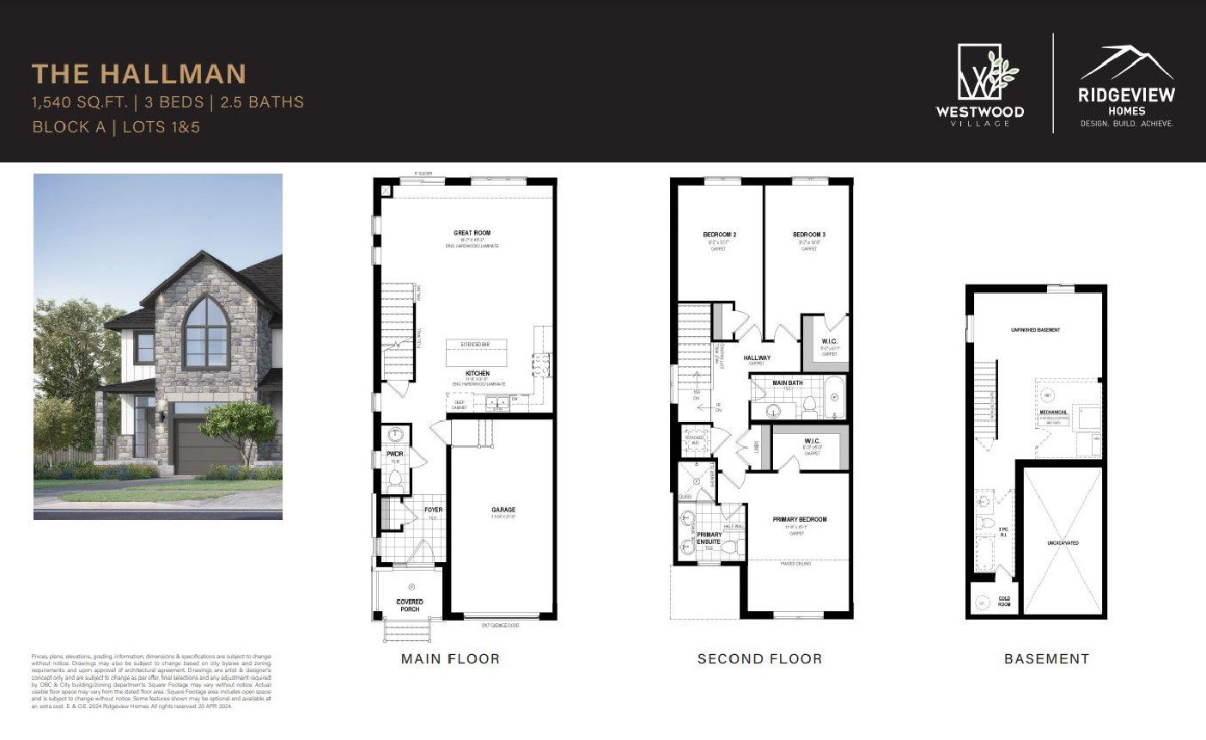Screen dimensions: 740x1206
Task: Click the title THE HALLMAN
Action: tap(139, 74)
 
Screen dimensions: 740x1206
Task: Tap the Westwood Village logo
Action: tap(979, 84)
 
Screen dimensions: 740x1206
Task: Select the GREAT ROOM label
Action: tap(472, 233)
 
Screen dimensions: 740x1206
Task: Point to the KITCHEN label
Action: tap(478, 374)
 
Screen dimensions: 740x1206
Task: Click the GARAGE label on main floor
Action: tap(503, 510)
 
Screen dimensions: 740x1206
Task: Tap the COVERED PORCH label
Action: tap(410, 605)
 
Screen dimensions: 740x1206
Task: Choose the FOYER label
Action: tap(433, 510)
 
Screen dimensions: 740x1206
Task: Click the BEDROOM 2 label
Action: tap(719, 235)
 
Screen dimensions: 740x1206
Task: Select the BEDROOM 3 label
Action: tap(809, 235)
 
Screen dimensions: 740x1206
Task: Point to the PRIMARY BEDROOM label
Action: tap(799, 519)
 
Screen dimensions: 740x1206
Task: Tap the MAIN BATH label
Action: tap(788, 382)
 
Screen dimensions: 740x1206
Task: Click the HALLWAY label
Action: tap(757, 358)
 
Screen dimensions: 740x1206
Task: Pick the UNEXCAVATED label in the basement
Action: tap(1063, 543)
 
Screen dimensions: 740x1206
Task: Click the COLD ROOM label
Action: tap(1004, 602)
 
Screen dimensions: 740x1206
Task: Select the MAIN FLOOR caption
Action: tap(450, 659)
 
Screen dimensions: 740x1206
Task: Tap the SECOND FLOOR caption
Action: tap(759, 659)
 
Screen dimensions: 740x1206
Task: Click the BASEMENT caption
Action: tap(1046, 659)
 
